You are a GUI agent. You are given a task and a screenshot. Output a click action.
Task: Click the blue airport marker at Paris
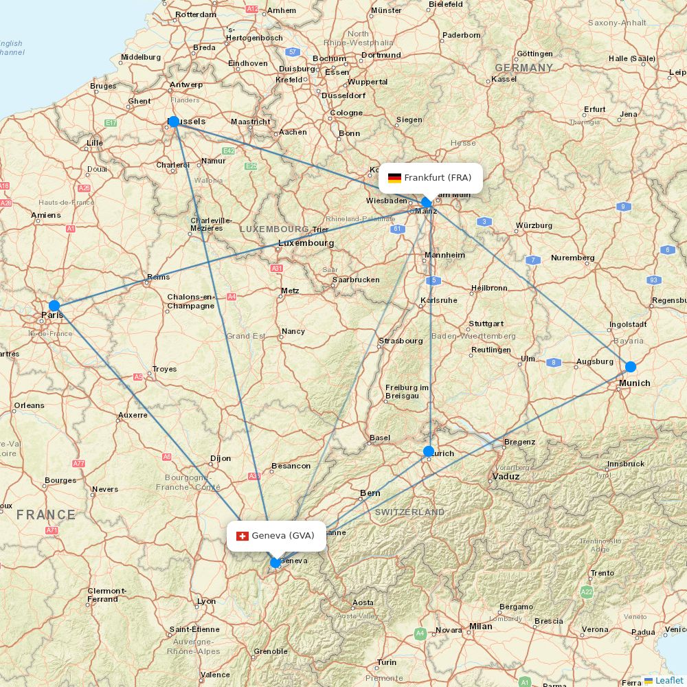click(x=54, y=306)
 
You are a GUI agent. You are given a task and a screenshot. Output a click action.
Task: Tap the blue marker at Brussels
click(x=174, y=122)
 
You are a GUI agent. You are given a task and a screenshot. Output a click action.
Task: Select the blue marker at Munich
click(x=631, y=366)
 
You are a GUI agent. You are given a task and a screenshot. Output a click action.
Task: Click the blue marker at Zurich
click(x=429, y=451)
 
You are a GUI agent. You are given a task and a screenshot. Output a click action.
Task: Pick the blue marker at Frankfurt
click(x=427, y=202)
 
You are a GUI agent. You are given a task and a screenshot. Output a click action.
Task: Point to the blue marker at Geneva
click(x=275, y=563)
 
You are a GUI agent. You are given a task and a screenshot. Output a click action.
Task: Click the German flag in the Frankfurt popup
click(x=394, y=178)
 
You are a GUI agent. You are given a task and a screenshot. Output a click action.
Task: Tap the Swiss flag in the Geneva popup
click(x=242, y=536)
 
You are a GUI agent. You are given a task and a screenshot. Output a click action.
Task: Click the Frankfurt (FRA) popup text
click(x=438, y=178)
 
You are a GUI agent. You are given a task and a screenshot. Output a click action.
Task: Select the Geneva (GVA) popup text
click(x=283, y=536)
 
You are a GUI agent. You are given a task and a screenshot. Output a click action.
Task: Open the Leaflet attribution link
click(x=668, y=680)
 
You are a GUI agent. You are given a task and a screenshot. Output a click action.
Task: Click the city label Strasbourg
click(x=401, y=341)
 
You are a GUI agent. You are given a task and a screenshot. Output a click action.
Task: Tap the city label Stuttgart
click(x=486, y=324)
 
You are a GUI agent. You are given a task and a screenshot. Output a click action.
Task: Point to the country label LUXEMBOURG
click(x=274, y=228)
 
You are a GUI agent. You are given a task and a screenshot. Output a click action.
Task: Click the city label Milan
click(x=480, y=626)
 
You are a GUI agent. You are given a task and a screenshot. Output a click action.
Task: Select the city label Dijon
click(x=221, y=458)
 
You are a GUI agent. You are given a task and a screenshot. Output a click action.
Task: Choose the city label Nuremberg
click(x=572, y=258)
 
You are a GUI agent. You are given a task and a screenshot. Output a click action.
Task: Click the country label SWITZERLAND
click(x=409, y=513)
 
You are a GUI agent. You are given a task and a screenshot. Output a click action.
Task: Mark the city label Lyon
click(x=206, y=601)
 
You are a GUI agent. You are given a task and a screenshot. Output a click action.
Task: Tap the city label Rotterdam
click(x=196, y=14)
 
